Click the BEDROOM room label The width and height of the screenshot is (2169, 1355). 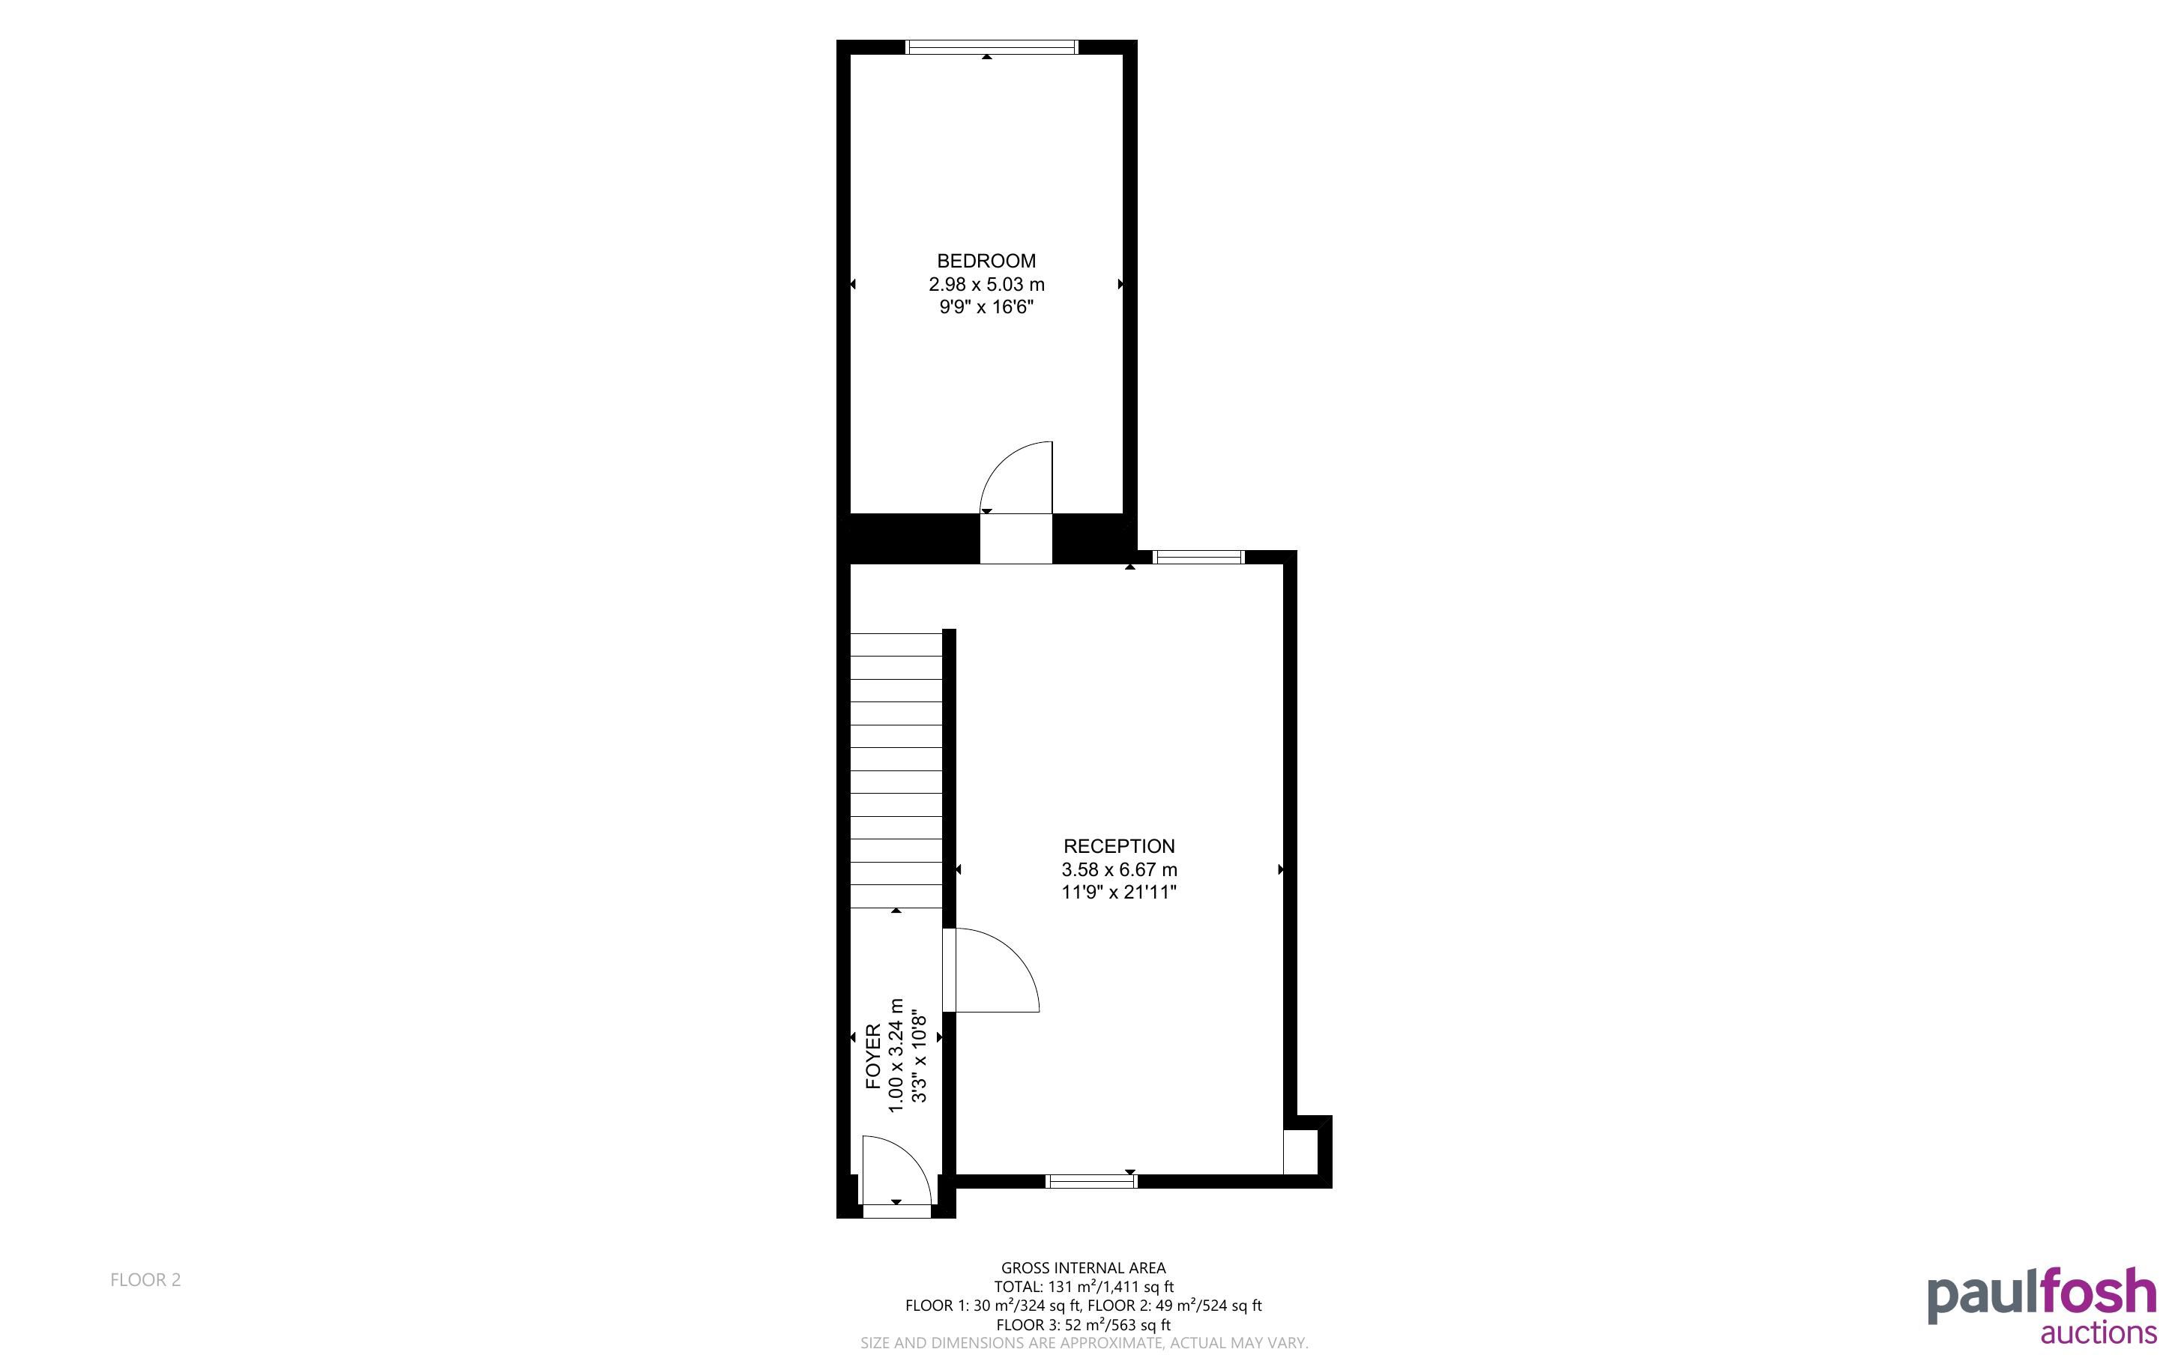(x=986, y=261)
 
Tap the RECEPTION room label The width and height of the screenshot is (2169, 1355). (x=1118, y=846)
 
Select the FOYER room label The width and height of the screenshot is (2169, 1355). (x=873, y=1057)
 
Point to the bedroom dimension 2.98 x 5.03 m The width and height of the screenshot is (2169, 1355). (x=986, y=284)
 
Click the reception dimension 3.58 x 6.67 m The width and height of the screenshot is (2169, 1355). (x=1119, y=869)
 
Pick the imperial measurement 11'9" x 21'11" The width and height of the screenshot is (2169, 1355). (x=1118, y=893)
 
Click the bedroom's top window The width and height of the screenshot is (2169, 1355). (x=992, y=46)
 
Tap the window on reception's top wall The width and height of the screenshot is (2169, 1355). (x=1198, y=557)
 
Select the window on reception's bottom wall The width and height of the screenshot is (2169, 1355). (x=1091, y=1181)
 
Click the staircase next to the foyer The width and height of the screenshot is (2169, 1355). (x=896, y=770)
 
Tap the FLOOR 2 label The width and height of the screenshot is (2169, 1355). (x=145, y=1280)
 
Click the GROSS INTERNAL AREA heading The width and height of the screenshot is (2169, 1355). (x=1083, y=1268)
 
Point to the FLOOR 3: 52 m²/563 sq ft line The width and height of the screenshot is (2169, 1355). (x=1083, y=1324)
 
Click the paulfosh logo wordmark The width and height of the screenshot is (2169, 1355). (x=2042, y=1296)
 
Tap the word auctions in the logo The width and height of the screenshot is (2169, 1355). (x=2099, y=1333)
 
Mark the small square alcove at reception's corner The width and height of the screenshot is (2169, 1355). (x=1301, y=1152)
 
